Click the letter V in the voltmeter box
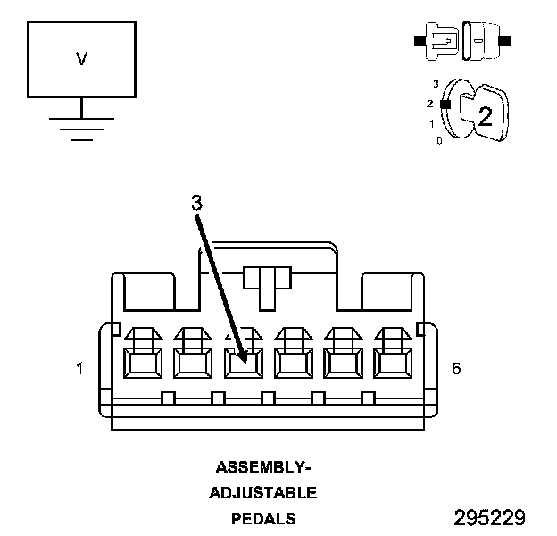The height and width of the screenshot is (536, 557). coord(81,59)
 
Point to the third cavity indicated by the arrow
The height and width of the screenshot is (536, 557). coord(242,363)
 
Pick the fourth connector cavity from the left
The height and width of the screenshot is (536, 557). coord(292,363)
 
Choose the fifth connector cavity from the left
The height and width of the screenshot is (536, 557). coord(342,363)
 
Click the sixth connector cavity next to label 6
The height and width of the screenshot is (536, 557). coord(391,363)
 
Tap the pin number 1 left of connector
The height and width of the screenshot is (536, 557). coord(80,368)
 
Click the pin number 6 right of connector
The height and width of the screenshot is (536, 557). coord(456,368)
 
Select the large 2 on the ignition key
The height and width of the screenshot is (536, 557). coord(485,114)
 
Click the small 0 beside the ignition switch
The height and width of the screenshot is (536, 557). coord(439,140)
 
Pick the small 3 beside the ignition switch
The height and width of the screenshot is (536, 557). coord(436,84)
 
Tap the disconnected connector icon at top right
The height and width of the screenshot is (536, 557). coord(461,41)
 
